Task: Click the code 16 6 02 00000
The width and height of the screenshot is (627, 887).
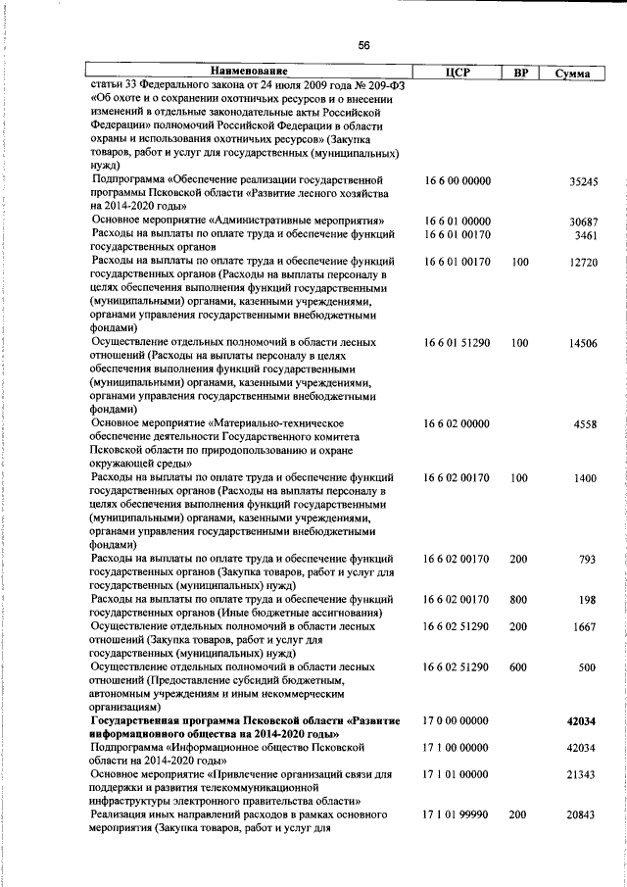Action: coord(457,423)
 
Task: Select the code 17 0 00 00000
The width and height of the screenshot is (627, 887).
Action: coord(457,720)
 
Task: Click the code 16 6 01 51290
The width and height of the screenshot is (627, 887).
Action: coord(457,343)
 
